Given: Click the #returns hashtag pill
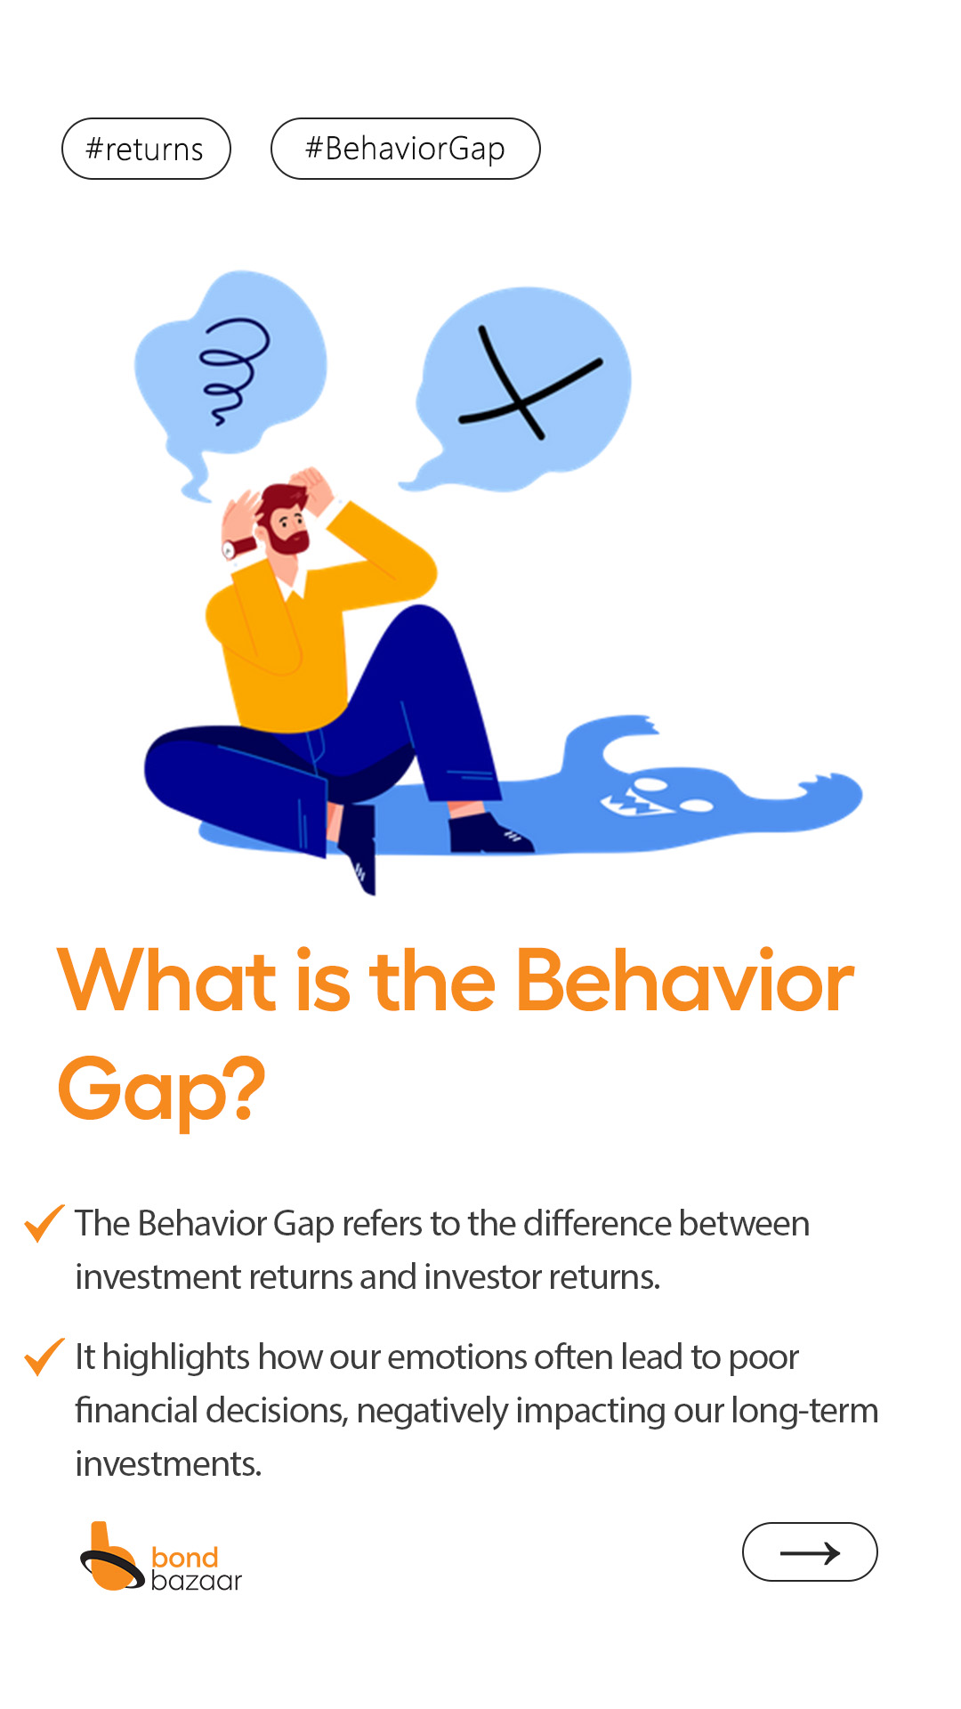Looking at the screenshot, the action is [146, 149].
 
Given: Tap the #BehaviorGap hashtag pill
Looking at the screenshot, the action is [406, 149].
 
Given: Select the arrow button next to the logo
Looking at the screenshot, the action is [810, 1551].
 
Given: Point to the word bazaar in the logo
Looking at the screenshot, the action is [197, 1581].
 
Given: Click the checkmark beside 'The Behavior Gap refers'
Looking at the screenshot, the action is [44, 1222].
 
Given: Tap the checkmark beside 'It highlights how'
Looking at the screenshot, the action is [44, 1356].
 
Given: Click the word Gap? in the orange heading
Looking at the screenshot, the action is [161, 1089].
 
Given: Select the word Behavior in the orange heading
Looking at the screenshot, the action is [684, 981].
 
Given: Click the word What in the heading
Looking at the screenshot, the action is [167, 981].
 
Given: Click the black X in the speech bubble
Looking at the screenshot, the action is [529, 384].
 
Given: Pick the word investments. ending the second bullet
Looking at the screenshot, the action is [168, 1464].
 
